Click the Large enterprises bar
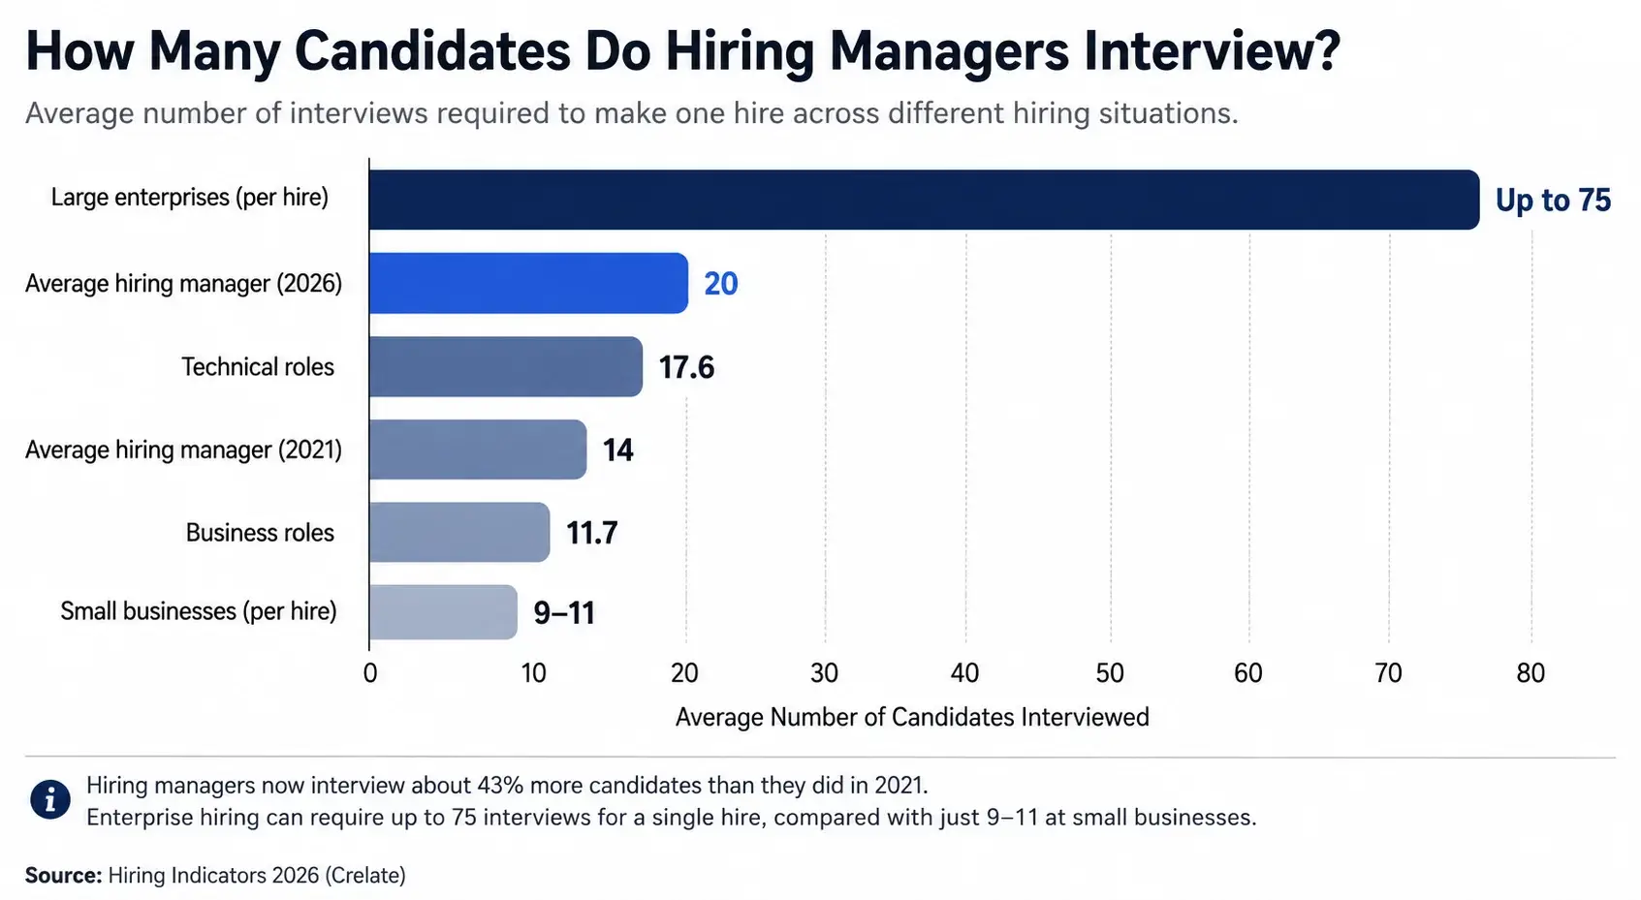coord(925,200)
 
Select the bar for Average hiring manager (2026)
coord(529,284)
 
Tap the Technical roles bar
coord(506,367)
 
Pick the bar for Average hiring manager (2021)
coord(479,450)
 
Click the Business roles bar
coord(459,533)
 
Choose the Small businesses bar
coord(443,612)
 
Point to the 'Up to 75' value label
coord(1553,200)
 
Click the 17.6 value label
coord(686,367)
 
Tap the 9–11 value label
coord(564,612)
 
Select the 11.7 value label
coord(592,533)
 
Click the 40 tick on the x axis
coord(964,673)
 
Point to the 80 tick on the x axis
coord(1531,673)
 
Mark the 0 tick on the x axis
coord(370,673)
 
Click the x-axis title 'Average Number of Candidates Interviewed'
coord(912,717)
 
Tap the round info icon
coord(50,799)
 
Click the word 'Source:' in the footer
coord(63,875)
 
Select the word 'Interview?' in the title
coord(1213,51)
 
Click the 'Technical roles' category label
coord(258,367)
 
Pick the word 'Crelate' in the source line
coord(364,875)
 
